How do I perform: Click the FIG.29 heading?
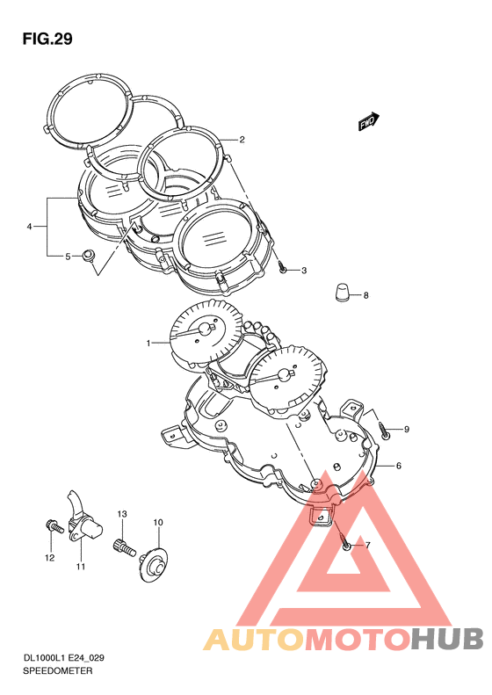(x=47, y=39)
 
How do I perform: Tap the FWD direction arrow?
(x=369, y=121)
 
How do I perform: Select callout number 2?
(x=242, y=140)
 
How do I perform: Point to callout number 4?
(x=29, y=227)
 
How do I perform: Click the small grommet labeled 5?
(x=89, y=256)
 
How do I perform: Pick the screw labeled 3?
(x=282, y=267)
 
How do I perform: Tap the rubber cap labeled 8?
(x=341, y=293)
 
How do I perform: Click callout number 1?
(x=149, y=343)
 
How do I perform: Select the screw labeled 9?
(x=384, y=430)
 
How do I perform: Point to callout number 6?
(x=399, y=466)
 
